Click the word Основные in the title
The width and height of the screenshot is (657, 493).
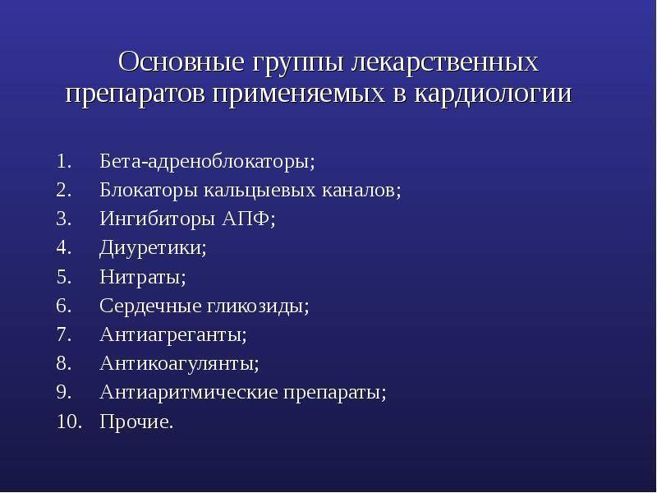181,62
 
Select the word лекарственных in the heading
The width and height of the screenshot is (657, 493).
445,62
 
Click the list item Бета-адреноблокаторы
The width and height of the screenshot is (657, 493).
207,161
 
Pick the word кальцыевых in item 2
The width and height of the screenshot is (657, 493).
260,191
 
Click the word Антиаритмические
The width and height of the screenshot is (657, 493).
189,393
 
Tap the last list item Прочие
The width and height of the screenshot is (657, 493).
136,422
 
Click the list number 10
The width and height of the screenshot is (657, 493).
69,422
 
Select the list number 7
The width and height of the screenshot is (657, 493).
64,335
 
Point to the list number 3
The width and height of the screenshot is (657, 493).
64,219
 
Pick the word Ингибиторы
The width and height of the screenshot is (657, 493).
159,219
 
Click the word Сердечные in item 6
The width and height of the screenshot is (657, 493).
151,306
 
